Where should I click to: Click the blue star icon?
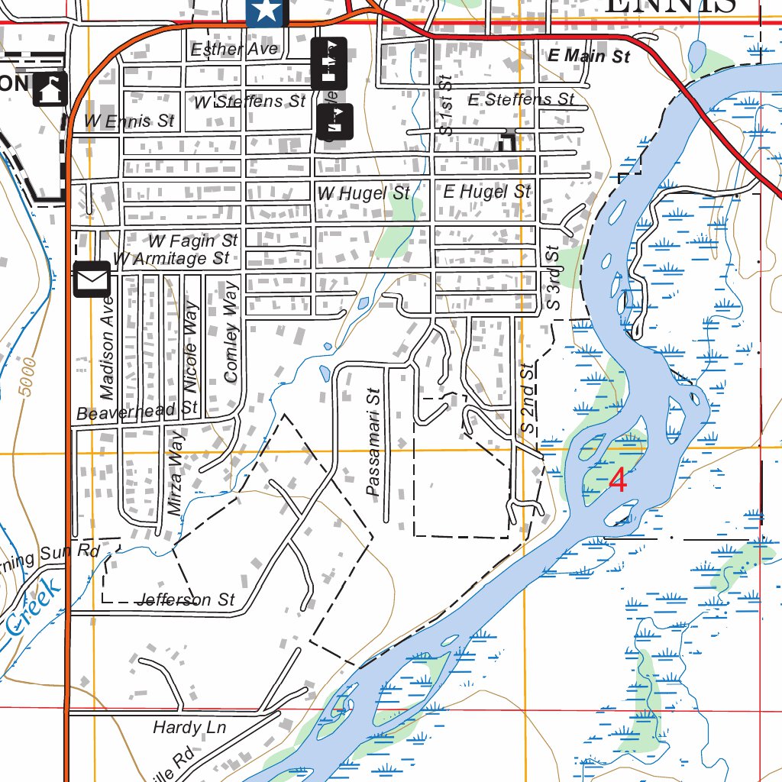pos(267,11)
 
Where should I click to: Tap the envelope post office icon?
pos(92,279)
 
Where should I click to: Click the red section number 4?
pos(618,481)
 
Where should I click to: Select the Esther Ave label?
pos(234,50)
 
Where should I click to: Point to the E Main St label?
pos(589,56)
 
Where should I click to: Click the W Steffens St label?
pos(249,102)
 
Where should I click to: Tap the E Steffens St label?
pos(521,99)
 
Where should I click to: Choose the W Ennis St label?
pos(129,121)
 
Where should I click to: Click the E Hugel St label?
pos(486,192)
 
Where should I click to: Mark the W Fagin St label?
pos(193,241)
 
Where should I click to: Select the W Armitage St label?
pos(171,259)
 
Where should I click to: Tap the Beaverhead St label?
pos(137,411)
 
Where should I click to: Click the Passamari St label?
pos(373,444)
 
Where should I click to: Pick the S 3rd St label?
pos(553,277)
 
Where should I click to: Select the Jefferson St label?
pos(186,600)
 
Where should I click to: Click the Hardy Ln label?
pos(189,728)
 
